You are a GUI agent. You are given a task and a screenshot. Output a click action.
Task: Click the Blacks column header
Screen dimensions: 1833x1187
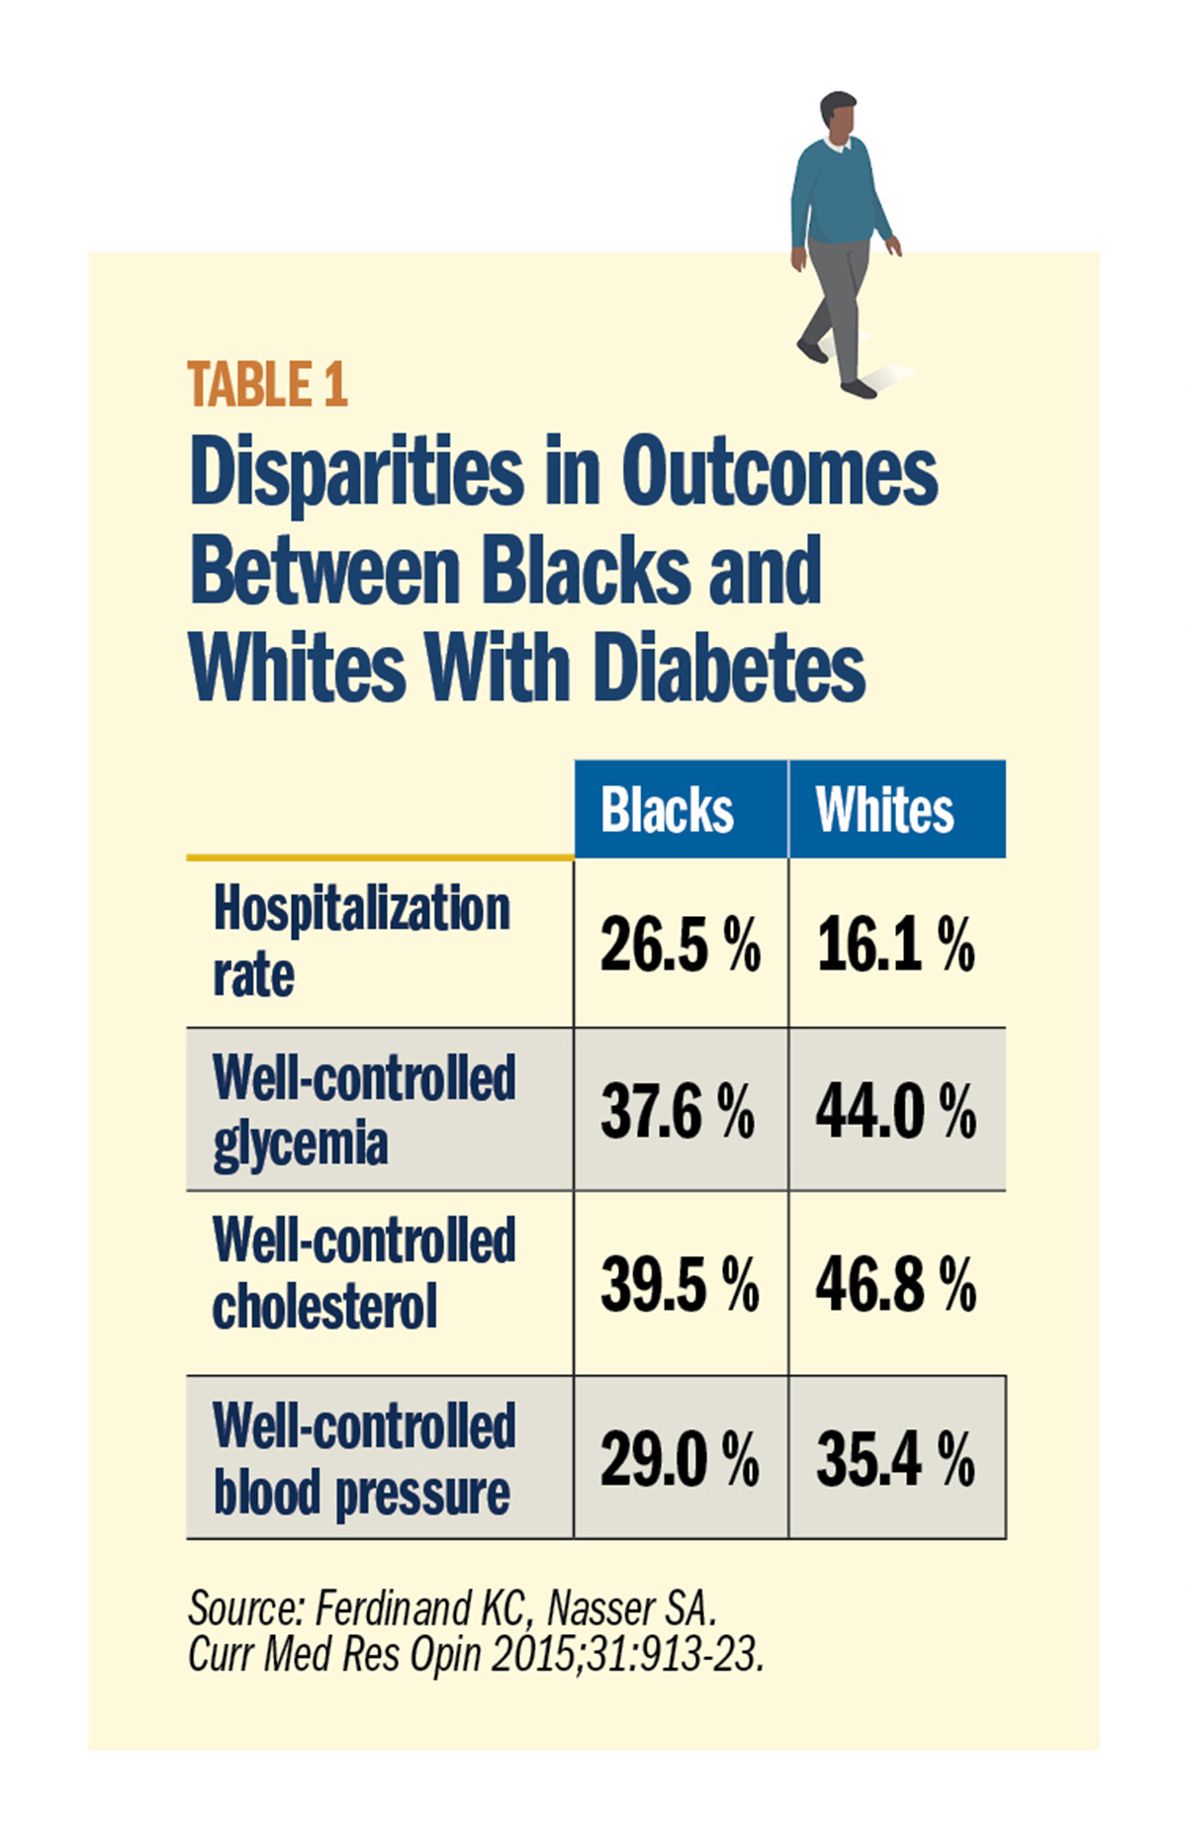click(668, 810)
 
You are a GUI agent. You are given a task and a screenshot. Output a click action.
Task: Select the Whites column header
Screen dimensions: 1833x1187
click(884, 810)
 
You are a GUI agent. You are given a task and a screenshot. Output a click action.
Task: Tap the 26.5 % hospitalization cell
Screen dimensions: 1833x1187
click(680, 944)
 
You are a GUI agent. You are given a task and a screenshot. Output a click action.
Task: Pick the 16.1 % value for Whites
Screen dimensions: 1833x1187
click(895, 944)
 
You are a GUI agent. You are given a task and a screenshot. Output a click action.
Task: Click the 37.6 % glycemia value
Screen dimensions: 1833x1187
click(678, 1111)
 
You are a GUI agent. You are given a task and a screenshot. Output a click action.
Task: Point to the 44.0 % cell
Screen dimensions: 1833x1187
click(895, 1111)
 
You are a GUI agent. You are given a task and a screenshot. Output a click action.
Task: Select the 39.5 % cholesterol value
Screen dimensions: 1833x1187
click(680, 1284)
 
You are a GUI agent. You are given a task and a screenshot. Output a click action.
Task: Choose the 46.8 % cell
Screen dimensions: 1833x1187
click(895, 1284)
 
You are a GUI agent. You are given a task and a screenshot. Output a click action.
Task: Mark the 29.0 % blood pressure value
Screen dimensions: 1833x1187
click(680, 1459)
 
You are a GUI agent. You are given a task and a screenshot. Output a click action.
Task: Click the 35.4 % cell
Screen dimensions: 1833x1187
click(895, 1459)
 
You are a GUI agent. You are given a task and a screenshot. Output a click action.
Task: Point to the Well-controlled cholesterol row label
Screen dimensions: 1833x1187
click(363, 1274)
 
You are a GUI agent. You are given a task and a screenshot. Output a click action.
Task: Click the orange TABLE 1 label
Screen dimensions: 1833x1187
click(267, 385)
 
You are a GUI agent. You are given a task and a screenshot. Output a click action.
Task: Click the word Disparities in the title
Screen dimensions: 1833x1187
click(356, 472)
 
